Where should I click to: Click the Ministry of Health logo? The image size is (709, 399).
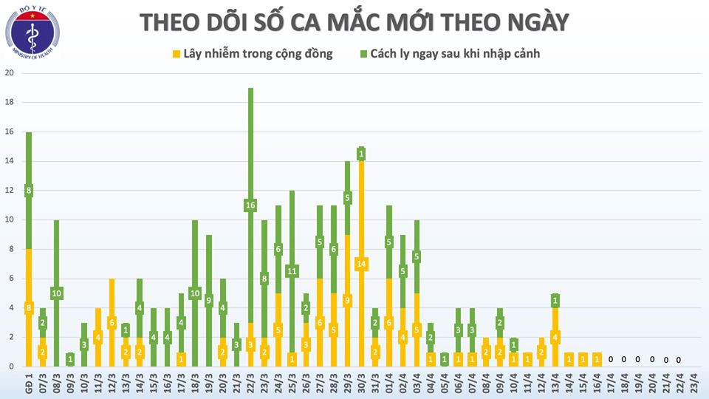click(33, 35)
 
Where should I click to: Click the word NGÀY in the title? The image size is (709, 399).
click(533, 23)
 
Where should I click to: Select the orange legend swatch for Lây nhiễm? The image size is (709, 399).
click(177, 54)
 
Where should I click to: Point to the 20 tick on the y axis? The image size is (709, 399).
click(10, 73)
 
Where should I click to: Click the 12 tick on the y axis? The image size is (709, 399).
click(10, 191)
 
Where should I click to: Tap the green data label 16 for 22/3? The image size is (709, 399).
click(250, 205)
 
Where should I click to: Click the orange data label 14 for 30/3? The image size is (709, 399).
click(361, 264)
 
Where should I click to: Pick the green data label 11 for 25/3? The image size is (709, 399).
click(292, 271)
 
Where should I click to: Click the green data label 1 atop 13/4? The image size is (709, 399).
click(555, 300)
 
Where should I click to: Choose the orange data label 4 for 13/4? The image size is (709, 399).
click(555, 338)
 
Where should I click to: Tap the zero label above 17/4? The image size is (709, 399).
click(611, 360)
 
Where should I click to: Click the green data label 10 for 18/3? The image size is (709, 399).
click(195, 293)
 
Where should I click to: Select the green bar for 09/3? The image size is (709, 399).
click(70, 360)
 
